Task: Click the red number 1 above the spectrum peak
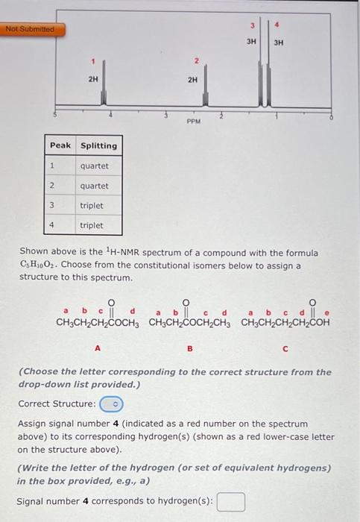(x=93, y=61)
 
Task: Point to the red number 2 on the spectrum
(x=195, y=61)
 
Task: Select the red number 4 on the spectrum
(x=277, y=25)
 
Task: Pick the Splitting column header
(x=98, y=145)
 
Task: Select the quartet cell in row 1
(x=95, y=166)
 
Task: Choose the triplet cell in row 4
(x=92, y=225)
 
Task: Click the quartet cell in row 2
(x=95, y=186)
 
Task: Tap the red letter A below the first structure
(x=97, y=345)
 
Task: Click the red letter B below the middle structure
(x=189, y=345)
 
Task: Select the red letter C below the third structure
(x=284, y=345)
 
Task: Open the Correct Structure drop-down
(x=113, y=403)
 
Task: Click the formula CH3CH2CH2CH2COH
(x=285, y=323)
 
